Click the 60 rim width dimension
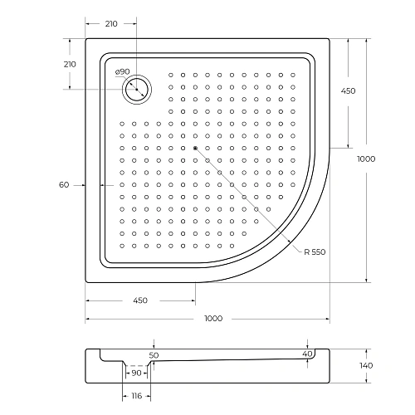click(x=63, y=184)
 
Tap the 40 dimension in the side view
click(x=308, y=354)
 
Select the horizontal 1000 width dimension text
click(x=214, y=319)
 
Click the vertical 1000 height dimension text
click(x=366, y=159)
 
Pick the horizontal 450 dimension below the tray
click(x=139, y=300)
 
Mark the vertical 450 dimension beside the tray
click(x=348, y=91)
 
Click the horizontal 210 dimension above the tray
click(x=110, y=24)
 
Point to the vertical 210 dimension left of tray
click(x=70, y=64)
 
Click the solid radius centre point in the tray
click(x=195, y=149)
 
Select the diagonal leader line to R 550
click(x=249, y=199)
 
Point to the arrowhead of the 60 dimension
click(x=99, y=184)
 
